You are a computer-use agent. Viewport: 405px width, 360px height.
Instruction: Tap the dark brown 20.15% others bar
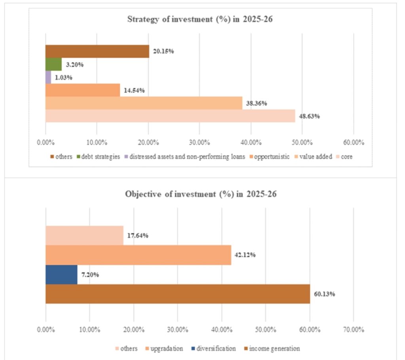[x=97, y=51]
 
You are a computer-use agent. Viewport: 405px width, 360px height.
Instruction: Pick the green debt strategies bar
[x=53, y=64]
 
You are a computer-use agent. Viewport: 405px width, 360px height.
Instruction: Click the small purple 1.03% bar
[x=48, y=77]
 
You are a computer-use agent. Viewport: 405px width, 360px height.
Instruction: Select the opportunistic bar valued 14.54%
[x=82, y=90]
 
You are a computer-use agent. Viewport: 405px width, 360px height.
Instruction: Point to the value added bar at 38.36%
[x=143, y=103]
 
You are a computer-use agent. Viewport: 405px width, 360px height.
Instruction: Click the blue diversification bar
[x=61, y=274]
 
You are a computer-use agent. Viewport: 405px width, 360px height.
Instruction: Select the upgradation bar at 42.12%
[x=138, y=255]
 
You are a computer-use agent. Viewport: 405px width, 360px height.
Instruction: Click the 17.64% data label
[x=138, y=236]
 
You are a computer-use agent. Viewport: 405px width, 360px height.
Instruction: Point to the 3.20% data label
[x=73, y=64]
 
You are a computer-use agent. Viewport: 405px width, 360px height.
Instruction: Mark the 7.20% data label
[x=91, y=275]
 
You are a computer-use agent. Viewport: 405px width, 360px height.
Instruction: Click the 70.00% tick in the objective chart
[x=352, y=330]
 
